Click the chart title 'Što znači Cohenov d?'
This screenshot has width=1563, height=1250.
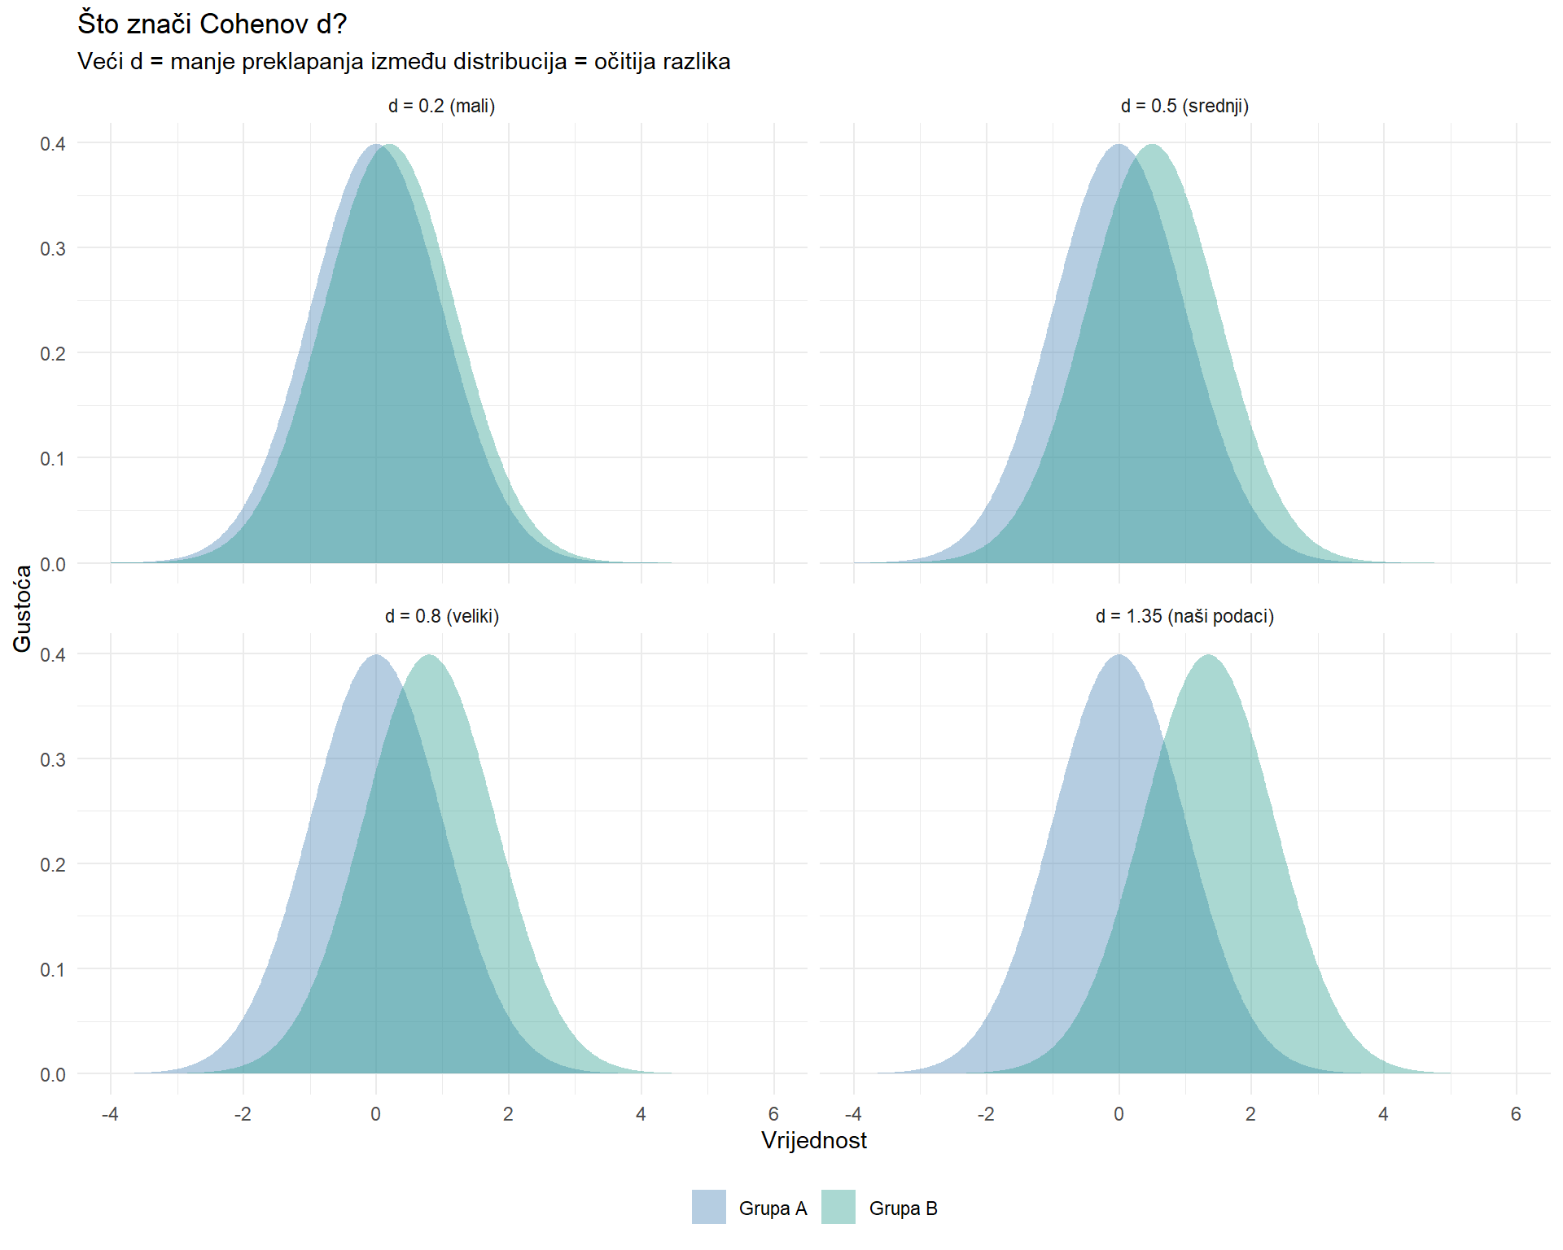coord(212,24)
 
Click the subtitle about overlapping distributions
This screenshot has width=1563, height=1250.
coord(404,62)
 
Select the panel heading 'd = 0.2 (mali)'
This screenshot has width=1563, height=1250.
coord(441,106)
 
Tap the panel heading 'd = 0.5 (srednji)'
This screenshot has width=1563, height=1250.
coord(1184,106)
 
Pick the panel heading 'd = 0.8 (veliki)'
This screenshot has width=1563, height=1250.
coord(441,616)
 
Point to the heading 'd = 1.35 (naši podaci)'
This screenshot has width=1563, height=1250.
coord(1184,616)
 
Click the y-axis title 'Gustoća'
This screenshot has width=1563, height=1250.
coord(22,608)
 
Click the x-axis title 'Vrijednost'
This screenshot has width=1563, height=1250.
coord(813,1140)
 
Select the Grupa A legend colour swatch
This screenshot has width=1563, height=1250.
coord(708,1207)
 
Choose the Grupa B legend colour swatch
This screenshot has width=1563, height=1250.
coord(838,1207)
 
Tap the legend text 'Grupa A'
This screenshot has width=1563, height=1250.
coord(773,1208)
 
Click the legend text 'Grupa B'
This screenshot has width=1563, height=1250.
coord(903,1208)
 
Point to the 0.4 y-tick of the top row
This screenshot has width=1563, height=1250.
coord(53,144)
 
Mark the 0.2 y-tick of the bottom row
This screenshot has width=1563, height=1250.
coord(53,864)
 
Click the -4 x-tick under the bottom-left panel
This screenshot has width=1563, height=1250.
coord(110,1114)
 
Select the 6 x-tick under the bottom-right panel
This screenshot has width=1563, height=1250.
coord(1516,1114)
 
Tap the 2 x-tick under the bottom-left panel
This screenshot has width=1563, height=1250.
coord(508,1114)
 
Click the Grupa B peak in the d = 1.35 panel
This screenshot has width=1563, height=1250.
coord(1208,656)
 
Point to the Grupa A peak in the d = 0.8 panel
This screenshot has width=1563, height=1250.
coord(375,656)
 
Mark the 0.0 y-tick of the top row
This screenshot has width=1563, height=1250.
coord(53,564)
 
